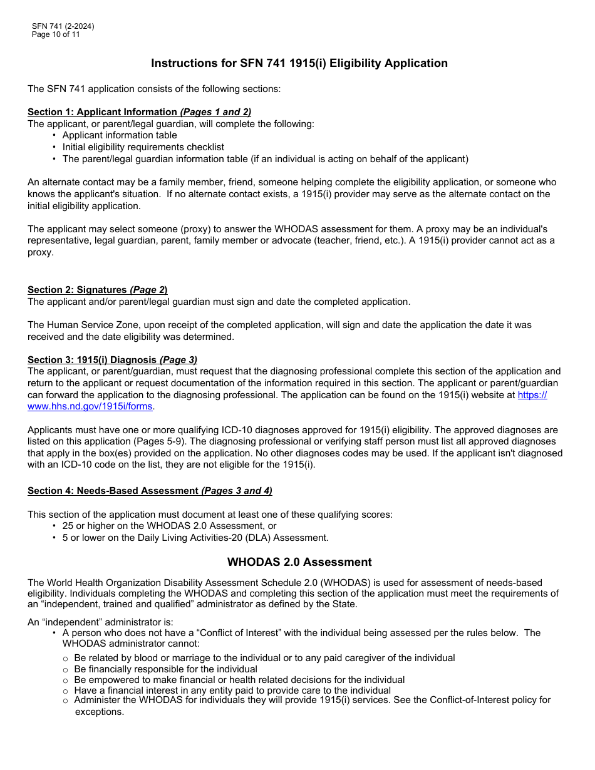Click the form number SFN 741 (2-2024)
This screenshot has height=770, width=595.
pos(63,26)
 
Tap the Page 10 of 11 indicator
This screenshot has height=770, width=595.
pos(56,34)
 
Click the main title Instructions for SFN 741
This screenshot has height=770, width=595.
pos(299,63)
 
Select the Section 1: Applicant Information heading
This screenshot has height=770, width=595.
pos(139,112)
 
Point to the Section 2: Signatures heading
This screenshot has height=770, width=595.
pos(97,290)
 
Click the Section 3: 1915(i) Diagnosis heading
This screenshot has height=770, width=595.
pos(112,359)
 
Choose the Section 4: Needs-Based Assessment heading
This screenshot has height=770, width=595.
pos(150,491)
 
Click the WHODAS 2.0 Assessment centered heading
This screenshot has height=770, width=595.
pos(299,562)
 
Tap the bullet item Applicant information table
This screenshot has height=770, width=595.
pos(120,135)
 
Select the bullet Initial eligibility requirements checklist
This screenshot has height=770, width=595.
pos(143,147)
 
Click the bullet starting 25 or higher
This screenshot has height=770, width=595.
pos(169,526)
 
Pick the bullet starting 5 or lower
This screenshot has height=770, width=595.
pos(195,538)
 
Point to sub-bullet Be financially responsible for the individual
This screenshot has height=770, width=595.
pos(165,669)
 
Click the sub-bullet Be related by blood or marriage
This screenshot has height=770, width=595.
pos(264,658)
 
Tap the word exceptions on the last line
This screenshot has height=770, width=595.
pos(99,712)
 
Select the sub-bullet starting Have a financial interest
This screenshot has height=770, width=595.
pos(232,690)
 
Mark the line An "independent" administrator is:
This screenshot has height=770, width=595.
pos(100,622)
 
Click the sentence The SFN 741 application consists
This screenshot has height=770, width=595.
pos(154,89)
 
